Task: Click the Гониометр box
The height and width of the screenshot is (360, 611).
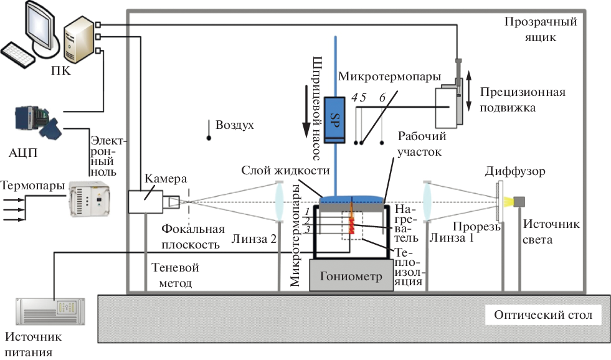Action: click(x=351, y=275)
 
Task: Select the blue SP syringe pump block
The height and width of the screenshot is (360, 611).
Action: click(x=335, y=120)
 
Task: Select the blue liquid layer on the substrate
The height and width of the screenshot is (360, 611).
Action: click(x=352, y=199)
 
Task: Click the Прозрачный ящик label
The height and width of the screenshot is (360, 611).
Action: click(x=541, y=29)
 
